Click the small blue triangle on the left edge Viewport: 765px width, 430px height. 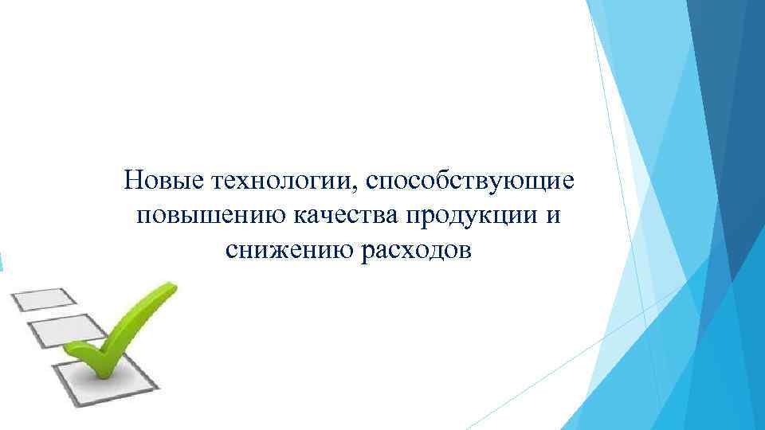point(2,260)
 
